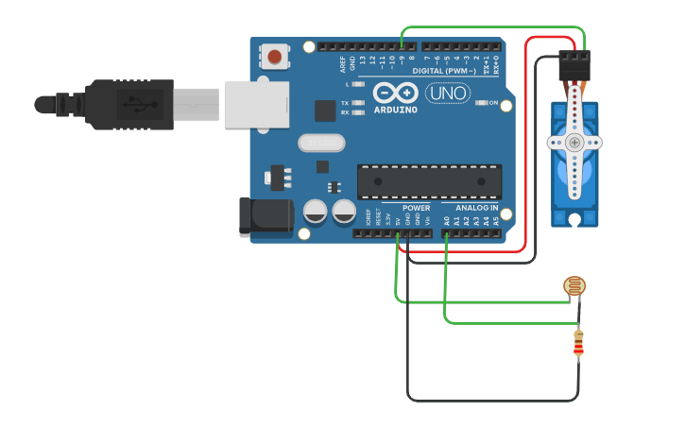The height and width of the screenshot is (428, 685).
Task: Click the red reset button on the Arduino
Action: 274,57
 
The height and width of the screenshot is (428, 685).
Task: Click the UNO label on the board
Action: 448,94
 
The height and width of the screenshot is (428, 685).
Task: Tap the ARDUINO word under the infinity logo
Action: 395,110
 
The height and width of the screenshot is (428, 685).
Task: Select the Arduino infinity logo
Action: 395,93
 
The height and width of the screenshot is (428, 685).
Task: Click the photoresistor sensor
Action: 574,286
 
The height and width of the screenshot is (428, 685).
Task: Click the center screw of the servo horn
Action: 574,143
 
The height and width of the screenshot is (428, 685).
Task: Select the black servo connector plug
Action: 574,66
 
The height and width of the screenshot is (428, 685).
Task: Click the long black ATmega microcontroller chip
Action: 429,181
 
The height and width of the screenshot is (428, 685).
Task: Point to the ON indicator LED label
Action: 492,102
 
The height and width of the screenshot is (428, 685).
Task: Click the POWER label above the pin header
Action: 416,208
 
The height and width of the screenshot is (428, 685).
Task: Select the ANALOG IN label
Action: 476,208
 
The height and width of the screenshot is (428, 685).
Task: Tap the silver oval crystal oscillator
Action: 322,143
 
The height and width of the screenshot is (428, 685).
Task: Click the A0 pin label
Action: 446,220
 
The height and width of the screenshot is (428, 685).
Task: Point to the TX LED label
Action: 345,102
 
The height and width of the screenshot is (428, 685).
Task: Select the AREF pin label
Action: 343,63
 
